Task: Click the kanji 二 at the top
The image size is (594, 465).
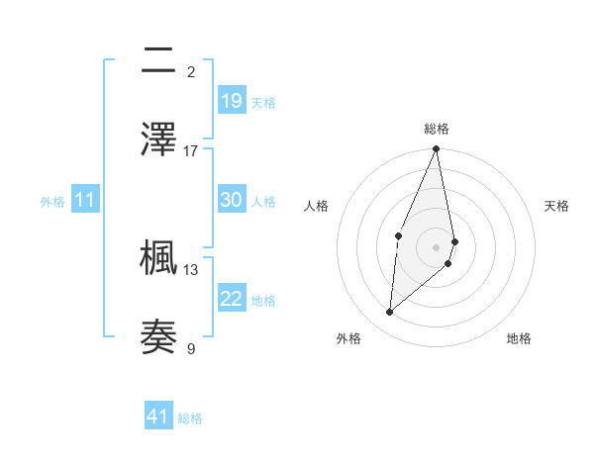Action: pos(158,61)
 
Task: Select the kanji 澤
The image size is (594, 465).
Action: pos(158,139)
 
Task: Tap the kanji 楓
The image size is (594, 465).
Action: pos(158,257)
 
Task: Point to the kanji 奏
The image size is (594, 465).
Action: pos(158,336)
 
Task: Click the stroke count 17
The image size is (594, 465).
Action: pos(191,150)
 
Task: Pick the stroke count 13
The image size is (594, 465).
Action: pos(191,268)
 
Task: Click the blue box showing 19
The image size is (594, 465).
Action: pos(232,101)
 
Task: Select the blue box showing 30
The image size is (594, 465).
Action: pos(232,200)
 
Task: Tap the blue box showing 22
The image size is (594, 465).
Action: pos(232,299)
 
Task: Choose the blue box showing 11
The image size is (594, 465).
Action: pos(85,201)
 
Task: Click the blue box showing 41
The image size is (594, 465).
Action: pos(158,417)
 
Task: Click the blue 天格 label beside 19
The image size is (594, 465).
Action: pos(263,103)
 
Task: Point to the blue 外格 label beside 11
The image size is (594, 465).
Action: pos(52,202)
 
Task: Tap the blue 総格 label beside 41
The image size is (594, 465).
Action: pos(190,418)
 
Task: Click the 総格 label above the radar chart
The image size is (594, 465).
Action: pos(436,129)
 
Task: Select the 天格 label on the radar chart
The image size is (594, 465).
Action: pos(557,206)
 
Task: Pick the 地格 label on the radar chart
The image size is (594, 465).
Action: pos(519,338)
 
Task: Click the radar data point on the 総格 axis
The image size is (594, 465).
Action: pos(436,149)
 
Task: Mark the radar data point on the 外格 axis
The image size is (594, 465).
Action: pos(389,313)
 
